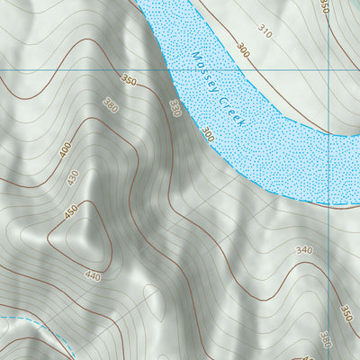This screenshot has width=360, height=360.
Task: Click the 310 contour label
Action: (264, 31)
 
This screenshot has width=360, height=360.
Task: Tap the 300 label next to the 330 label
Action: (208, 135)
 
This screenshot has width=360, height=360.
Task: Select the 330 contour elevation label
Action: (175, 109)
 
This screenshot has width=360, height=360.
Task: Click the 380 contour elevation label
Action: (111, 104)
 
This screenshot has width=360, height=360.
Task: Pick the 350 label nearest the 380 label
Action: (129, 82)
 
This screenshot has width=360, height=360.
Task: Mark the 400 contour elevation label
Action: (65, 149)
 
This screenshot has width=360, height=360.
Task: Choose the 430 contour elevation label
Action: (72, 178)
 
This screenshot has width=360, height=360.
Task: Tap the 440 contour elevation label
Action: (93, 274)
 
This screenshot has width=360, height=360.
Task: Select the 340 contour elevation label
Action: (303, 250)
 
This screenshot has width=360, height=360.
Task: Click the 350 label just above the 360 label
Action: (346, 312)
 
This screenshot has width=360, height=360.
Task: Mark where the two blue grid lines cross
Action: (331, 69)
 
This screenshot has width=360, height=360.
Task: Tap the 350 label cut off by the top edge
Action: (324, 6)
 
